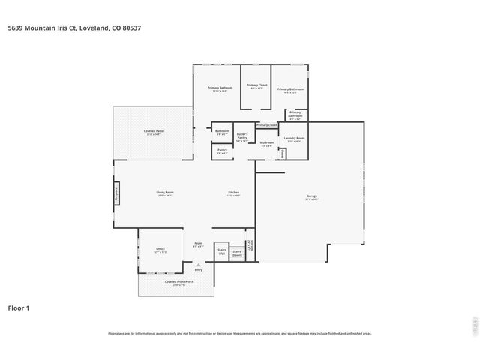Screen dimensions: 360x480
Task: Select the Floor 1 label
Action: [19, 307]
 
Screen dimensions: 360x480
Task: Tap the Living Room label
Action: [165, 194]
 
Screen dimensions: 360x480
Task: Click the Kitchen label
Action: [234, 194]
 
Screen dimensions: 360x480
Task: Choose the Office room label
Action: [160, 250]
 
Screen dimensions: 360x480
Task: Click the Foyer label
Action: [199, 244]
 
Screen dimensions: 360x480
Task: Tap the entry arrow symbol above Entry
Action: [198, 264]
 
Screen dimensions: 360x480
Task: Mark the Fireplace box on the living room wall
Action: [116, 193]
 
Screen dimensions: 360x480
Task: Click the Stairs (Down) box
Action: [237, 253]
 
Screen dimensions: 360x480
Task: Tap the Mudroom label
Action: [267, 144]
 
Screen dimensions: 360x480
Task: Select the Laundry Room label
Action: [294, 139]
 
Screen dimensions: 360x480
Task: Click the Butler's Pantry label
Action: [242, 138]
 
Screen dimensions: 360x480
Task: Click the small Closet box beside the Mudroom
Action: [282, 153]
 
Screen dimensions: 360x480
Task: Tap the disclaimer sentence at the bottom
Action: [240, 333]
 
